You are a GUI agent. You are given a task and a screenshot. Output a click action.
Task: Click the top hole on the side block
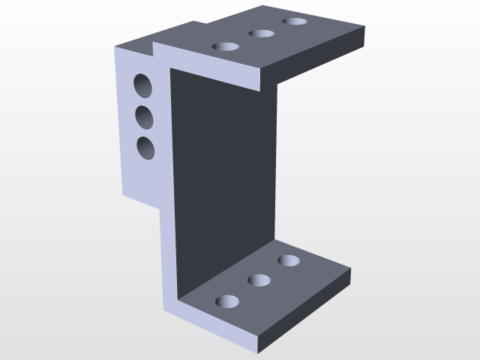(142, 85)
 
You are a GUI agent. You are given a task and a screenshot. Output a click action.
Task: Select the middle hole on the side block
(144, 117)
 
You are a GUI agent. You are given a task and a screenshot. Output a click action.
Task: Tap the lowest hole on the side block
(146, 148)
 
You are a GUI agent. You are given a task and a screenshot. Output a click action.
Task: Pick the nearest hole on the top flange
(226, 46)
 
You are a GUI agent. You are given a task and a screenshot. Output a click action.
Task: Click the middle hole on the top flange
(262, 33)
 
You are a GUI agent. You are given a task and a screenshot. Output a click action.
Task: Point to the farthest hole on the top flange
(295, 21)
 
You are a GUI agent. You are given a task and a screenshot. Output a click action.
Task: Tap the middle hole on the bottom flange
(259, 280)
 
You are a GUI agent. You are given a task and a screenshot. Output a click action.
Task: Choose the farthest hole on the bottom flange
(289, 261)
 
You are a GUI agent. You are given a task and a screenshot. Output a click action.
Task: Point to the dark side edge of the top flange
(315, 56)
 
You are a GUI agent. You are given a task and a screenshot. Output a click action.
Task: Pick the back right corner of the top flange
(364, 27)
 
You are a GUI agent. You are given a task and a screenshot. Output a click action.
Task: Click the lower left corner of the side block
(124, 195)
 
